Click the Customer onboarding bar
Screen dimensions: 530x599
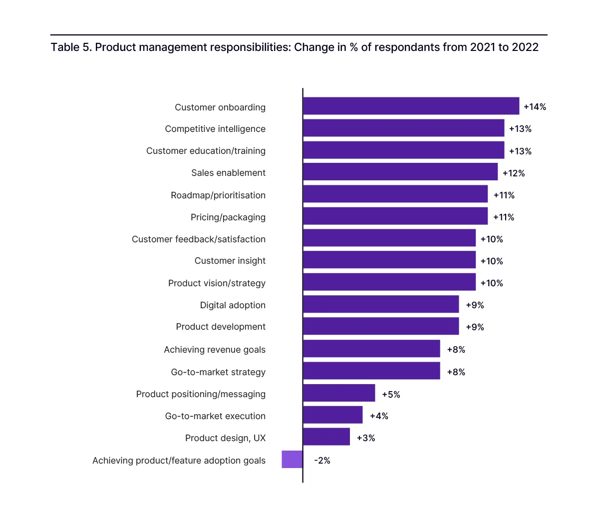411,106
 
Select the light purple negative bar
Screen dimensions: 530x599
292,460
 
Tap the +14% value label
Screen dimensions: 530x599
535,107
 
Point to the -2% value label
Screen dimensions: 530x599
322,461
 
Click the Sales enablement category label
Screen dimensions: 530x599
228,173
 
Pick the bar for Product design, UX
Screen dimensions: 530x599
326,437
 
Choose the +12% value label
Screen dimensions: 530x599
514,173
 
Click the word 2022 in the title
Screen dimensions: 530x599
525,47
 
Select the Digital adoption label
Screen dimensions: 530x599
233,305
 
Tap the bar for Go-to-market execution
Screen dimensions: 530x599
333,415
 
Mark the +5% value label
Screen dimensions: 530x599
391,395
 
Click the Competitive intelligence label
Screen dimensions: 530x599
215,129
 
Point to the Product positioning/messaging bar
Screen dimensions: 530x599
339,393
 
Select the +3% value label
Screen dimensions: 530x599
366,438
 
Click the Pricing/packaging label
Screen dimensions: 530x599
228,217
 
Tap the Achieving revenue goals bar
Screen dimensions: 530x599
371,349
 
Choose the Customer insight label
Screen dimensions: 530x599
230,261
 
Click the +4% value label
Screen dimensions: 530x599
379,416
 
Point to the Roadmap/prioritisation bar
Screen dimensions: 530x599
395,194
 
